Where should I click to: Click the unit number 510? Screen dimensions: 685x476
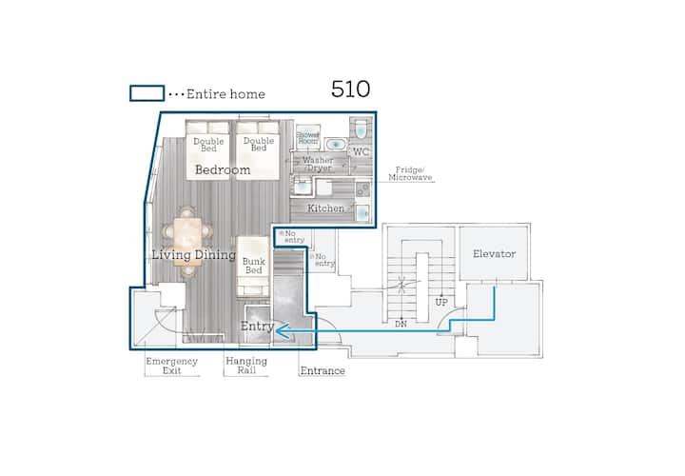click(350, 89)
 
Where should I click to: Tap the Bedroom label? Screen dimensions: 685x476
click(223, 169)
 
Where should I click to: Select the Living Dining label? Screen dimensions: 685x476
click(193, 254)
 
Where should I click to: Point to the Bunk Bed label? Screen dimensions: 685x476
click(253, 266)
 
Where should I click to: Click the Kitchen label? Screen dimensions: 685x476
click(326, 208)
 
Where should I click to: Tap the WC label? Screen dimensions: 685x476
click(361, 152)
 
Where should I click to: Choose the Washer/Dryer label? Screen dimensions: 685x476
click(318, 164)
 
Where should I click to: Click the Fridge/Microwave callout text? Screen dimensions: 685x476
click(410, 173)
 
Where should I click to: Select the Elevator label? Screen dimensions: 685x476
click(494, 253)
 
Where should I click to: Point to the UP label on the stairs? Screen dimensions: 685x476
click(441, 302)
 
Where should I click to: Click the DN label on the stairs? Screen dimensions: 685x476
click(401, 324)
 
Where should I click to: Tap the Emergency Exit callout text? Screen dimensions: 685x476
click(171, 366)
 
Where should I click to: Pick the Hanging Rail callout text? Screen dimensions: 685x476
click(246, 366)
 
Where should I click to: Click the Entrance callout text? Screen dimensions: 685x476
click(323, 370)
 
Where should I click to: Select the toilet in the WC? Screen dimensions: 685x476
click(361, 129)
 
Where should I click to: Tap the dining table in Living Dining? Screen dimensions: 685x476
click(187, 242)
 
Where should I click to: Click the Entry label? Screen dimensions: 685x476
click(257, 326)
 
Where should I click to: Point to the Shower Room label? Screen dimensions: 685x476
click(308, 138)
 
